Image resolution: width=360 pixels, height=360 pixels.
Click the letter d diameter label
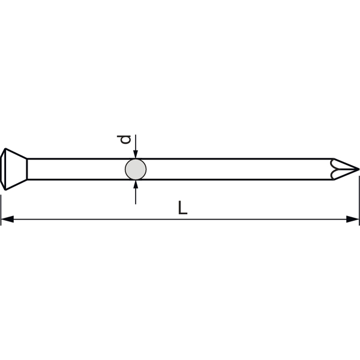(x=124, y=140)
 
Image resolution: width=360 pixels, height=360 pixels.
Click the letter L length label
(x=183, y=208)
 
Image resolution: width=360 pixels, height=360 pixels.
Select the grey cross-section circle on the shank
(x=136, y=169)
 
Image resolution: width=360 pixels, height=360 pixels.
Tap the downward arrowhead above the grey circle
(x=136, y=154)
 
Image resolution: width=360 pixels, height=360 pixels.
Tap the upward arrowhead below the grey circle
(x=136, y=184)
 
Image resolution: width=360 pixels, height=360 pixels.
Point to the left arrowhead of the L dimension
(x=7, y=219)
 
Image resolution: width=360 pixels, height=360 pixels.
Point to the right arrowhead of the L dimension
(x=352, y=219)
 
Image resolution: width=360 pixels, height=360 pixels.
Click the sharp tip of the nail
(x=359, y=169)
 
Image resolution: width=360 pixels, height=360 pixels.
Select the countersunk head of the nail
(x=14, y=169)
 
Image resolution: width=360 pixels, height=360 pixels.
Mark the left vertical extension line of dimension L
(x=1, y=210)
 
